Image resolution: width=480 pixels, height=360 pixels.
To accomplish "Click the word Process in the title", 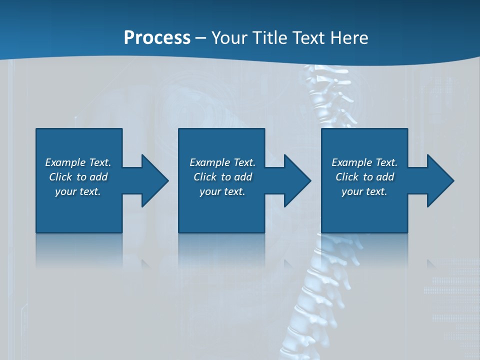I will [x=157, y=38].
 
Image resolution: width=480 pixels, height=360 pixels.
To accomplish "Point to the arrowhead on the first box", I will [x=153, y=180].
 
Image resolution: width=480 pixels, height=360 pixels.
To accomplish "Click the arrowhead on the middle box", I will [x=296, y=180].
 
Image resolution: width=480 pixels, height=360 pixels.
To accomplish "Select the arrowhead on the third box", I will [x=439, y=180].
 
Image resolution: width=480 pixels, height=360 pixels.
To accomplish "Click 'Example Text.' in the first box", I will [x=78, y=162].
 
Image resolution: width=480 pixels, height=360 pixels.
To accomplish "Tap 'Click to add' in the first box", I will [x=78, y=177].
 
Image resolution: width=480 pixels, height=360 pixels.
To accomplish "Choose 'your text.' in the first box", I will [x=78, y=191].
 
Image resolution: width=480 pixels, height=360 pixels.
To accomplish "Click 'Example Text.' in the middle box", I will [x=222, y=162].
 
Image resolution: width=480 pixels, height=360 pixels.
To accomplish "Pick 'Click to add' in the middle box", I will [x=222, y=177].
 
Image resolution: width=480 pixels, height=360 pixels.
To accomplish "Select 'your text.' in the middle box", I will [x=222, y=191].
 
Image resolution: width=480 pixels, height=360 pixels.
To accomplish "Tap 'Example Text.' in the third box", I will [x=364, y=162].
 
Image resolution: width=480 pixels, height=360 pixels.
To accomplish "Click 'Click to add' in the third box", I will [x=364, y=177].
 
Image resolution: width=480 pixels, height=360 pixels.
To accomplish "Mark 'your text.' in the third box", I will [x=364, y=191].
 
